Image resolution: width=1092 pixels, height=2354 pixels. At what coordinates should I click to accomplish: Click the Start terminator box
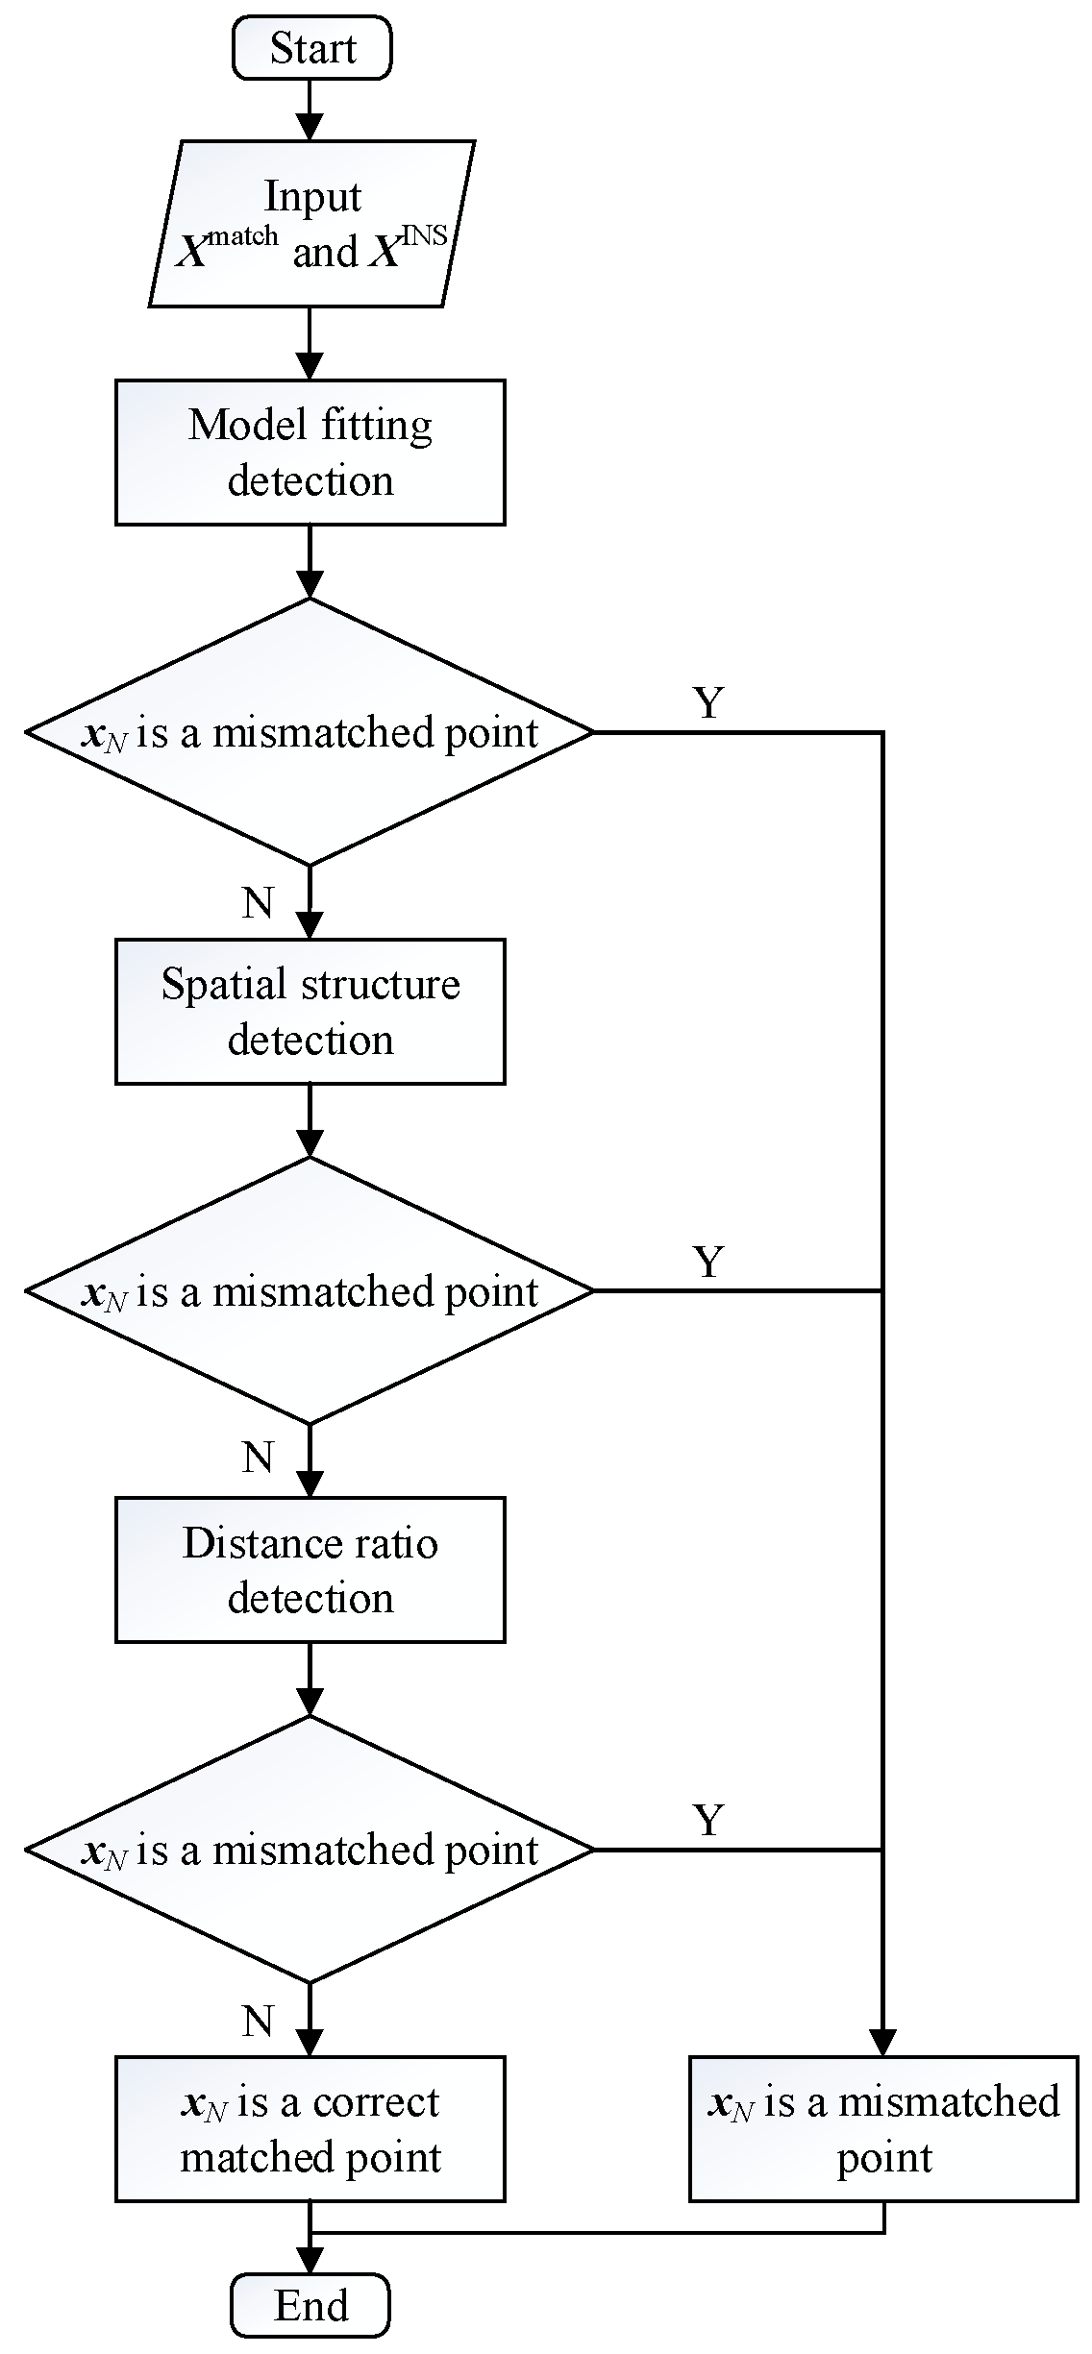click(311, 48)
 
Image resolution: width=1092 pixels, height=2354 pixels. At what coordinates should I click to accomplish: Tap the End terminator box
click(310, 2305)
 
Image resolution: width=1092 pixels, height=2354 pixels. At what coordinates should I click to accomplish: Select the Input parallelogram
click(311, 224)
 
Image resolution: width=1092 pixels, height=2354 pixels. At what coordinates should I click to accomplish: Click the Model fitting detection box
click(310, 453)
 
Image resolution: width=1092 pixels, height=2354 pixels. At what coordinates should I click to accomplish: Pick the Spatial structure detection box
click(310, 1012)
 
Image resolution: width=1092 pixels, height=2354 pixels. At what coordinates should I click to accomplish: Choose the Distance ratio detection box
click(310, 1570)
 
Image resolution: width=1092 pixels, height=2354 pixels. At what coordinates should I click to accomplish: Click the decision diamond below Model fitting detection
click(310, 732)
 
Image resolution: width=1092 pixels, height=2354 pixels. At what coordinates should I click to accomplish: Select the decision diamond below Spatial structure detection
click(310, 1290)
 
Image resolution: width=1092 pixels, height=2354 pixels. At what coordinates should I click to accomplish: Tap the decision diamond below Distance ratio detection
click(310, 1850)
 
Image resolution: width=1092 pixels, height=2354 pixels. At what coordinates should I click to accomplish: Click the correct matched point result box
click(310, 2129)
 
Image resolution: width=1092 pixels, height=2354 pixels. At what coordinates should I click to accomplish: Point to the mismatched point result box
click(883, 2129)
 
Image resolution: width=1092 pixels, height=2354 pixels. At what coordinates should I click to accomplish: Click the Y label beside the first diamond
click(708, 703)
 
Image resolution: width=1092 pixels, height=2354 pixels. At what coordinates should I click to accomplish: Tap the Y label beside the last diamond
click(708, 1820)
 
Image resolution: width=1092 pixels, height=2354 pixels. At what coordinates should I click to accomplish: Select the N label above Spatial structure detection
click(258, 903)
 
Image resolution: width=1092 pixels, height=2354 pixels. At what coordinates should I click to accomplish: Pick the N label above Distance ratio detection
click(258, 1458)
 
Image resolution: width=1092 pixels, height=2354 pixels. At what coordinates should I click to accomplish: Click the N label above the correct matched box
click(258, 2022)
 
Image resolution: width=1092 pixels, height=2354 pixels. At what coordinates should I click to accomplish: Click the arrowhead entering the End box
click(310, 2260)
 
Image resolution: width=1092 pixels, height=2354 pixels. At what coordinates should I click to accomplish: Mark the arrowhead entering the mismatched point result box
click(883, 2042)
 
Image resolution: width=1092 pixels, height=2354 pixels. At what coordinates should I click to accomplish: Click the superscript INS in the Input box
click(424, 235)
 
